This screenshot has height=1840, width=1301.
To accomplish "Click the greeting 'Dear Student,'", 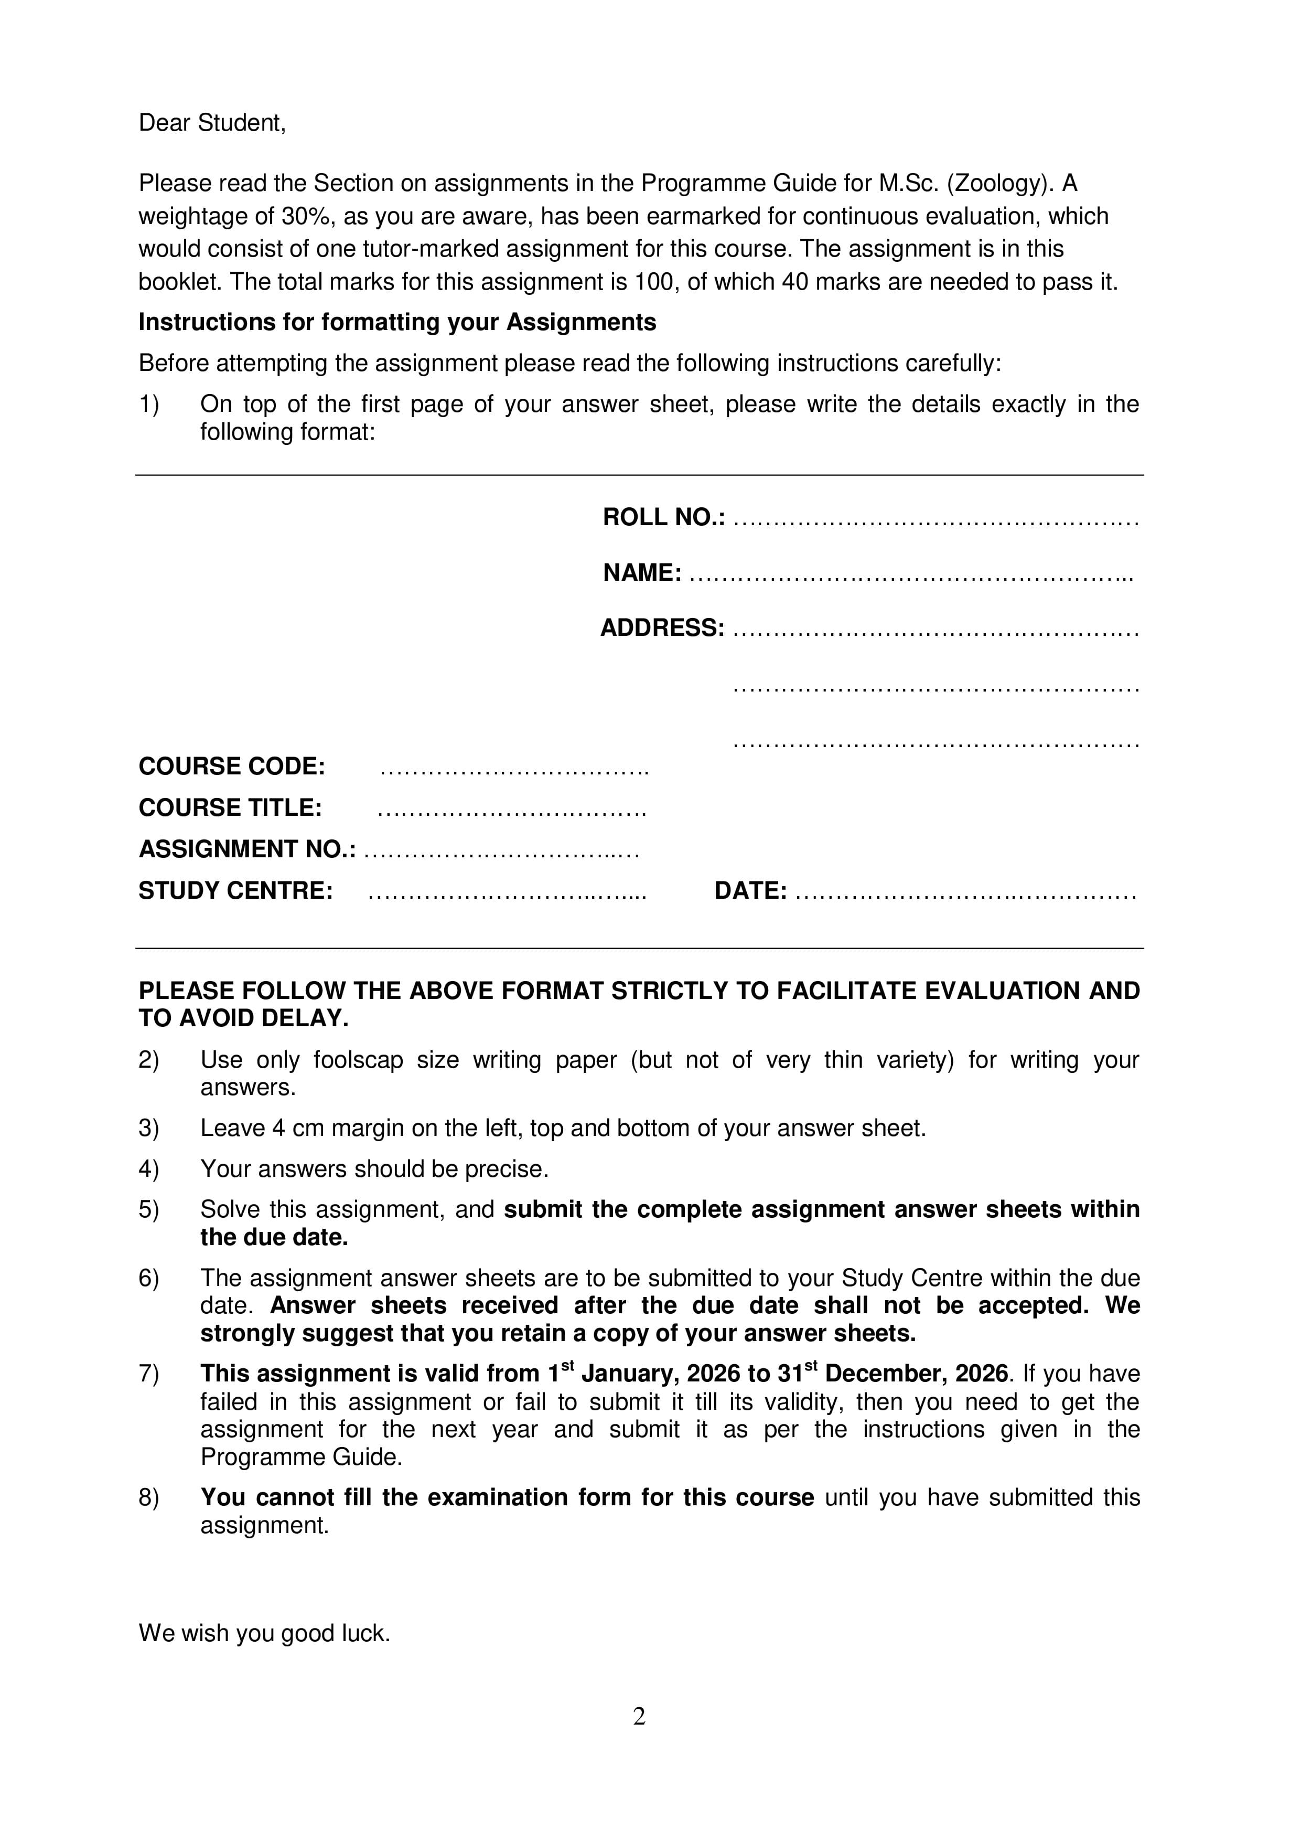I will [x=211, y=123].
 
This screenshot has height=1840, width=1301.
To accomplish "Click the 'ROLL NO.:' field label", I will [x=663, y=518].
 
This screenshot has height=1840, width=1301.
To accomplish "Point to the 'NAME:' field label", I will [x=642, y=573].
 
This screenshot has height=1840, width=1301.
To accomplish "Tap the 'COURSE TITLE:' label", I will [x=230, y=808].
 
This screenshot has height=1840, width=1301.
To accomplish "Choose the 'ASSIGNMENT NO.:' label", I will [x=247, y=849].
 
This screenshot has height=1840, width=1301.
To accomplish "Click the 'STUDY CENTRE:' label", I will [x=235, y=891].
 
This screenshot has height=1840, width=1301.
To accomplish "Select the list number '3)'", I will [x=149, y=1129].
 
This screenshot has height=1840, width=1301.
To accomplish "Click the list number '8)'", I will [x=149, y=1498].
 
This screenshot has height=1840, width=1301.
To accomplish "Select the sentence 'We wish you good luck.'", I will [x=264, y=1633].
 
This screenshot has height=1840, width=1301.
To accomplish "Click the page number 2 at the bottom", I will [x=639, y=1717].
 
